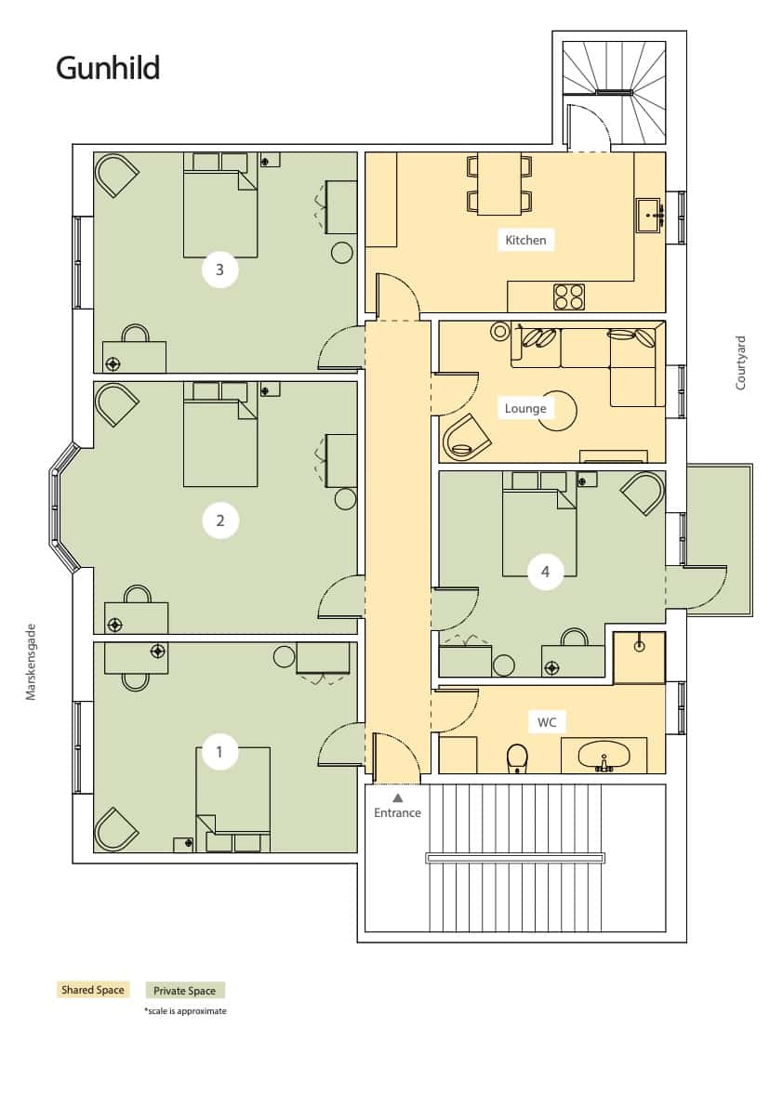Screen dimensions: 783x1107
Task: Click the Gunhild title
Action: (x=108, y=69)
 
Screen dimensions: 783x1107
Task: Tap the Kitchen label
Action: (x=525, y=240)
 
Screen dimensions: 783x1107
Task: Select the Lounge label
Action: (x=525, y=408)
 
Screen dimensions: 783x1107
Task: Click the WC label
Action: (x=547, y=722)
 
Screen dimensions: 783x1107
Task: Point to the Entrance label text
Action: (x=397, y=812)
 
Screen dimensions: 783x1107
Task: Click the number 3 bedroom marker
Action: (x=219, y=269)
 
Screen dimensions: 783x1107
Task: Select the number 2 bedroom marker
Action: (x=219, y=521)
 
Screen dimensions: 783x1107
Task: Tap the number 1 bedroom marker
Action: (x=219, y=751)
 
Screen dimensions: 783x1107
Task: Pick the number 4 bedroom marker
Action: (x=545, y=571)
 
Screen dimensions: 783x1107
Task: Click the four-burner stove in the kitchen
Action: (x=569, y=297)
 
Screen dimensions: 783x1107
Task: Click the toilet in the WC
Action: (x=518, y=758)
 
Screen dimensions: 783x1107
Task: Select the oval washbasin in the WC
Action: (x=604, y=756)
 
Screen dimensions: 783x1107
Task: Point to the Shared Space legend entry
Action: (x=92, y=990)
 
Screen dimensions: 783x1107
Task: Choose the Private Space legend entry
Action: (x=185, y=991)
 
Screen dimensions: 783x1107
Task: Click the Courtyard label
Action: (x=740, y=362)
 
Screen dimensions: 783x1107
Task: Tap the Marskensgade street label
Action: (x=31, y=662)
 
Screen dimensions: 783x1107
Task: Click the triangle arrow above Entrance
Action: (x=397, y=797)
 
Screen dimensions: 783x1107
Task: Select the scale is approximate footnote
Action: (x=186, y=1011)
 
